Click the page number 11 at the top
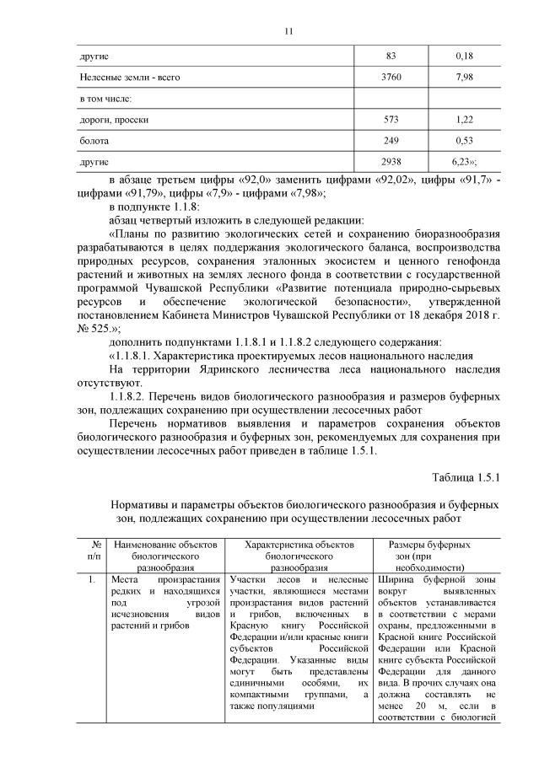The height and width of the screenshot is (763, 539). click(288, 31)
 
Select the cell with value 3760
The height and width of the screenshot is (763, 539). click(391, 77)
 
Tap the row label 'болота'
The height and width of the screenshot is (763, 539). click(94, 140)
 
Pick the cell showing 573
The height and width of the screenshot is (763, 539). click(391, 119)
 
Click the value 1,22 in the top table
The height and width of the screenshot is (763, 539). click(464, 119)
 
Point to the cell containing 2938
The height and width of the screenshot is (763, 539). click(391, 160)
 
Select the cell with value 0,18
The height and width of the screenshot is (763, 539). click(464, 56)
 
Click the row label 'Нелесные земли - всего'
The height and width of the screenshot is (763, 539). click(129, 77)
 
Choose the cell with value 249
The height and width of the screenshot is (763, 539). click(391, 140)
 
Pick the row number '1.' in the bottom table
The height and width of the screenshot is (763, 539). click(92, 581)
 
